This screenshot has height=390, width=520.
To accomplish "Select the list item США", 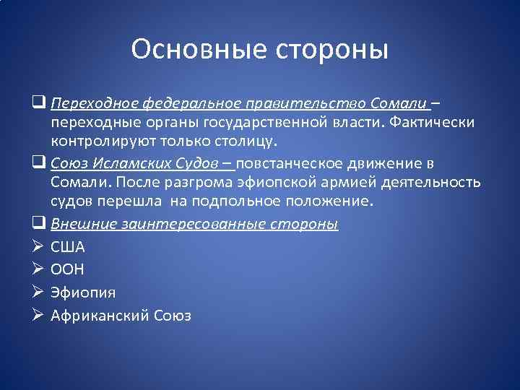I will [67, 247].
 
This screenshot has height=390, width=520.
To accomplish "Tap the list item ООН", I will [67, 269].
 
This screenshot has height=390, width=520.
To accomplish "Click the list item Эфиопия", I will [83, 292].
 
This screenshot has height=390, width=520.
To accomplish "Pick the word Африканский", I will [100, 316].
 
